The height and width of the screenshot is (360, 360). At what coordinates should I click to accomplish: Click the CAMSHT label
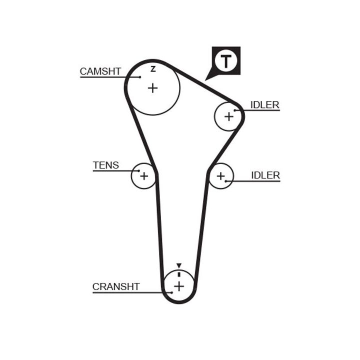(100, 71)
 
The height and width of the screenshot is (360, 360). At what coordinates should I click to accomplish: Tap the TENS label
(106, 165)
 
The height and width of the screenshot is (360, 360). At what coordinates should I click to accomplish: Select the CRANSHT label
(116, 287)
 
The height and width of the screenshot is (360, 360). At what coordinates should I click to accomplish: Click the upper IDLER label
(264, 105)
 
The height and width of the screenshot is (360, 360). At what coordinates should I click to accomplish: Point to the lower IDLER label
(265, 175)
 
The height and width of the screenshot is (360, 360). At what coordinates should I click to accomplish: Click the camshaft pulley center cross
(152, 88)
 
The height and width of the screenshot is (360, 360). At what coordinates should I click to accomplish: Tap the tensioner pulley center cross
(144, 175)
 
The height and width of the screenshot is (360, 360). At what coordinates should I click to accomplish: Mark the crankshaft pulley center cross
(178, 286)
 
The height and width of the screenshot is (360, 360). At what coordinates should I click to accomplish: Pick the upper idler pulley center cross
(228, 116)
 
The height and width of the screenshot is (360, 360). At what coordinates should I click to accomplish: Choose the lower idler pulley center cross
(220, 175)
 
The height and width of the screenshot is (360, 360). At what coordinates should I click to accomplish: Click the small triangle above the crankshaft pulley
(178, 266)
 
